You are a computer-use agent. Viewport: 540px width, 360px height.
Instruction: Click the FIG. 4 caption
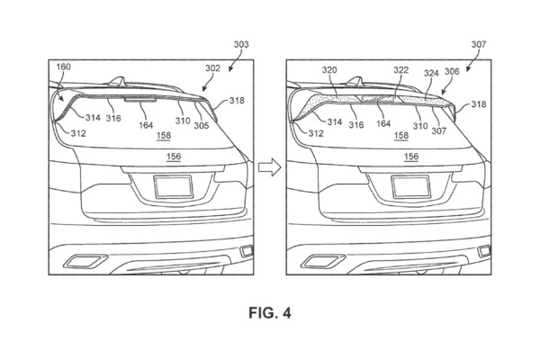pyautogui.click(x=269, y=313)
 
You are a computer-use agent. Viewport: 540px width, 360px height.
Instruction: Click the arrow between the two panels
pyautogui.click(x=268, y=166)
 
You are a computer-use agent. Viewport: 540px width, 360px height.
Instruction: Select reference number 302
pyautogui.click(x=211, y=68)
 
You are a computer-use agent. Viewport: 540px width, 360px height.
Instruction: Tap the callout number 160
pyautogui.click(x=64, y=66)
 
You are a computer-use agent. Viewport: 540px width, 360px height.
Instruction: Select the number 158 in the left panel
pyautogui.click(x=164, y=137)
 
